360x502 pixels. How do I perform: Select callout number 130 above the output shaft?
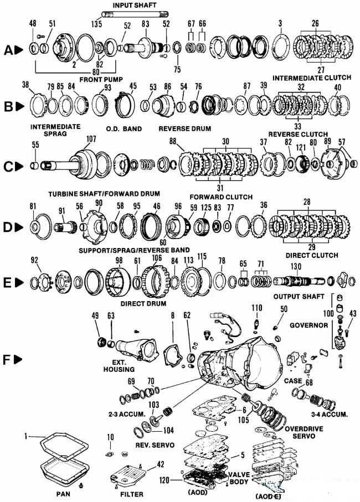coord(296,266)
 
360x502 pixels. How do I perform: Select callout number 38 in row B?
coord(25,85)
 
